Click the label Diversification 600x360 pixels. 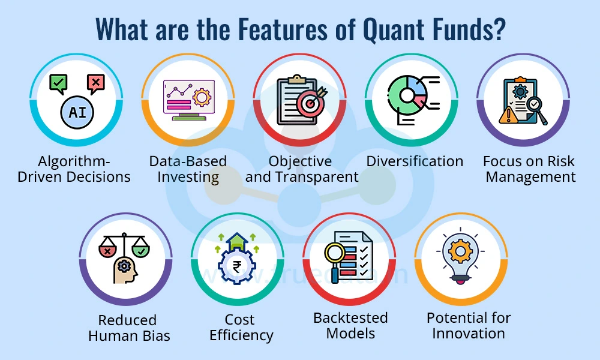click(415, 161)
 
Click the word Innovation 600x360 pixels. click(469, 333)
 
